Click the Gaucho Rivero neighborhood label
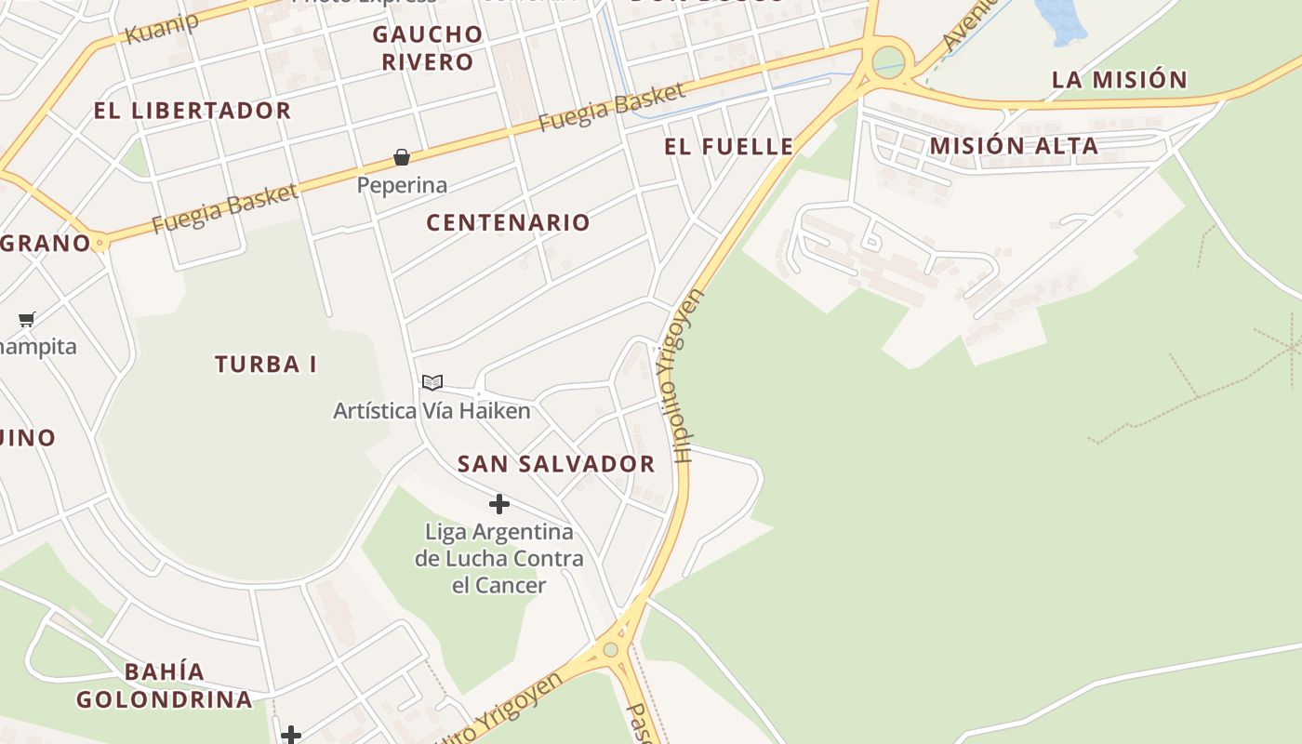[x=428, y=48]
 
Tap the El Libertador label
[x=193, y=111]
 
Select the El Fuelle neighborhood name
[x=729, y=146]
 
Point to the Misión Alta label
[x=1014, y=146]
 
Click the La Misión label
[x=1120, y=80]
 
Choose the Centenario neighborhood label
[x=508, y=222]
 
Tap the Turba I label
[x=266, y=365]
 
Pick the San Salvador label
[x=556, y=464]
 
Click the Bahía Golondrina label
[x=164, y=685]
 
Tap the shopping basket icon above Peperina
[x=402, y=157]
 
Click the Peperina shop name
[x=402, y=185]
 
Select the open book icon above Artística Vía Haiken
[x=432, y=382]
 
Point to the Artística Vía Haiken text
[x=432, y=410]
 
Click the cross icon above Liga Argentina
[x=499, y=504]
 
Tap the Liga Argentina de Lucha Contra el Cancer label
[x=499, y=558]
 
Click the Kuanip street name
[x=161, y=27]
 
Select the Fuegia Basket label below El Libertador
[x=224, y=209]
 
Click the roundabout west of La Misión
[x=889, y=61]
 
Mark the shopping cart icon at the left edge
[x=27, y=320]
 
